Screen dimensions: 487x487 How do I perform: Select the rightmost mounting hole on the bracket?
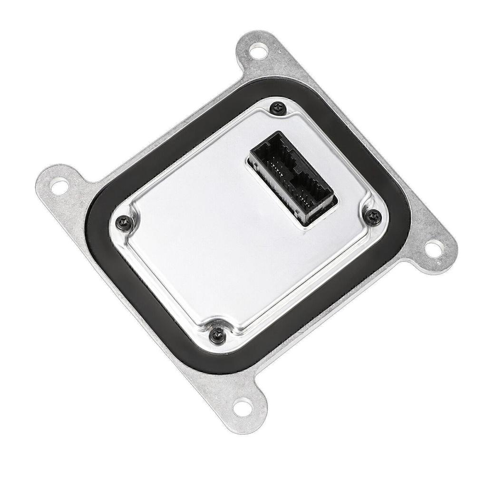point(433,248)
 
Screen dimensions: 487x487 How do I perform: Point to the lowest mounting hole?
point(243,407)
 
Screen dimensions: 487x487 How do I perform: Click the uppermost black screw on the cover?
point(277,109)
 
